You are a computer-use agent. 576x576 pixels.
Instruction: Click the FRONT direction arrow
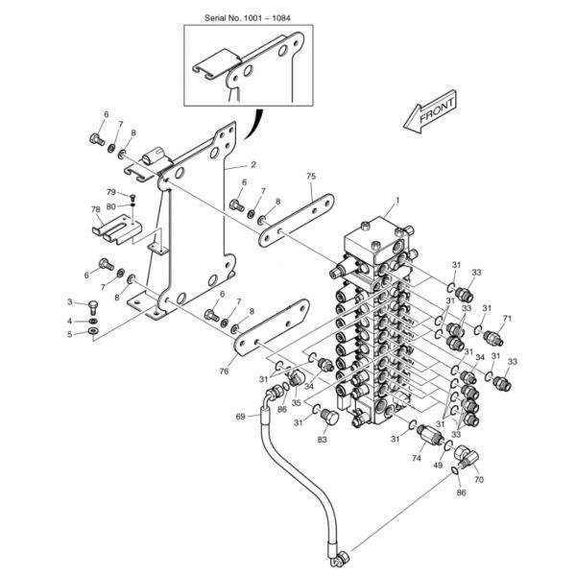[430, 112]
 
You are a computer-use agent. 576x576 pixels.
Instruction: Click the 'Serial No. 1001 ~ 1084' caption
[248, 18]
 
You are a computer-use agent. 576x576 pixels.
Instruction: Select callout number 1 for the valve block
[397, 201]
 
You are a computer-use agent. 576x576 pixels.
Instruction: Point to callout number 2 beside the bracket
[253, 164]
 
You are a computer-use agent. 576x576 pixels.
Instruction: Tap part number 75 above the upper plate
[311, 177]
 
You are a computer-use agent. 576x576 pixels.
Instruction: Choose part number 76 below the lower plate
[224, 372]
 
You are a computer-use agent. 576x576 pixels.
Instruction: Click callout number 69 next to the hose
[240, 417]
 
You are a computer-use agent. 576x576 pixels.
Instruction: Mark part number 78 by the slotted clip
[95, 209]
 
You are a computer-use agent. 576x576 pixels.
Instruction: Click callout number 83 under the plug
[323, 440]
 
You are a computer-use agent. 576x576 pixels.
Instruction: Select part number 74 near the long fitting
[417, 458]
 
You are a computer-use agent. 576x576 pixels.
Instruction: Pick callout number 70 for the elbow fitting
[479, 479]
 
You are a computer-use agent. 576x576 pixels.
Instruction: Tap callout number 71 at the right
[507, 319]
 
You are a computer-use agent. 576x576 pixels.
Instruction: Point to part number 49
[438, 465]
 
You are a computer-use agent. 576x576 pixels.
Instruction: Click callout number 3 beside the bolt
[70, 302]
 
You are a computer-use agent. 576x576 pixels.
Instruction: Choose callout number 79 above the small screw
[111, 192]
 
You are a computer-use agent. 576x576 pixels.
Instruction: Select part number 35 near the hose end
[296, 402]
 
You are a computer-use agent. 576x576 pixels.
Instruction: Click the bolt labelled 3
[93, 307]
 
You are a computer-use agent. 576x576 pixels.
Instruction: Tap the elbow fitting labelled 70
[466, 455]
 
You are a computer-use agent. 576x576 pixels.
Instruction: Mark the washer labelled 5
[93, 331]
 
